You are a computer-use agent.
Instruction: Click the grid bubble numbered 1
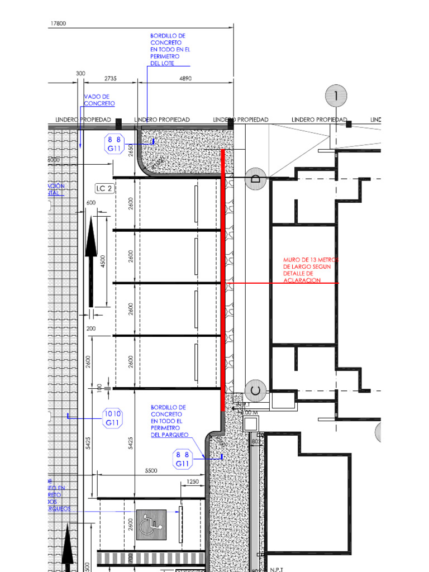pyautogui.click(x=336, y=96)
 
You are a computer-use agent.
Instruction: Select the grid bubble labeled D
pyautogui.click(x=256, y=179)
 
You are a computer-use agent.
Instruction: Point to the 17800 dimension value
pyautogui.click(x=59, y=23)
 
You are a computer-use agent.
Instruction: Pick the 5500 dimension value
pyautogui.click(x=151, y=471)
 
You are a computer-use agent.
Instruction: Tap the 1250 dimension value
pyautogui.click(x=193, y=482)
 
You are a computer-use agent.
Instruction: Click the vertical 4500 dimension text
pyautogui.click(x=103, y=261)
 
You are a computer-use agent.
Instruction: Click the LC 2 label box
pyautogui.click(x=104, y=188)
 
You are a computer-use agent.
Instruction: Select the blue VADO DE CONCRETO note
pyautogui.click(x=99, y=100)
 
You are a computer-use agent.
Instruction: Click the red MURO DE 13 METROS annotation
pyautogui.click(x=310, y=270)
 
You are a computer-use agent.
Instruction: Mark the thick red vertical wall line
pyautogui.click(x=223, y=279)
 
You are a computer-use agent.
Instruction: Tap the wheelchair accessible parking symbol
pyautogui.click(x=151, y=525)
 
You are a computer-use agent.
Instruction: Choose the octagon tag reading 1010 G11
pyautogui.click(x=113, y=418)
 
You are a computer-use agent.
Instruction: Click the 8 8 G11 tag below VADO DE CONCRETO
pyautogui.click(x=115, y=144)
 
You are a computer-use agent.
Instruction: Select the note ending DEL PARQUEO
pyautogui.click(x=169, y=421)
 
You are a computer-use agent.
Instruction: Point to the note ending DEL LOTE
pyautogui.click(x=170, y=50)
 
